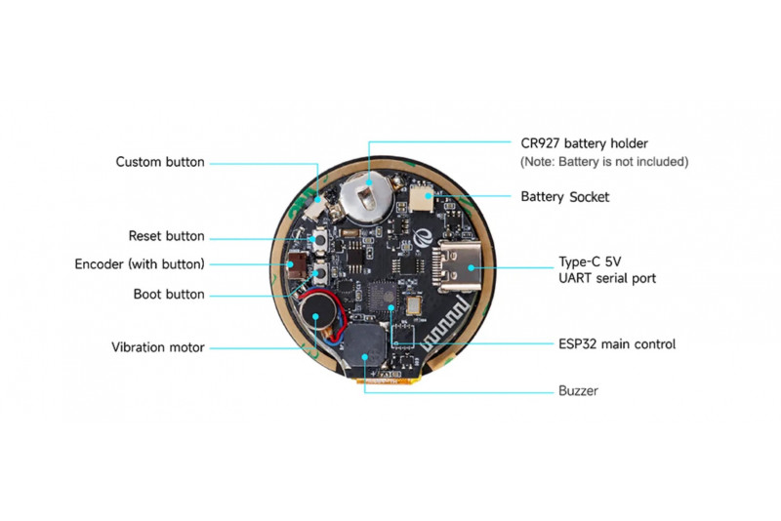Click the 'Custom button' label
[160, 162]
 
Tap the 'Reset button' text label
[167, 236]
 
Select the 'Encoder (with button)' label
[140, 264]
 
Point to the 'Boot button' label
[169, 294]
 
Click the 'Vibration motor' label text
[158, 346]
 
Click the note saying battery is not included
[604, 161]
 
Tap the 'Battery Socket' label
[564, 197]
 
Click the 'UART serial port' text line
[606, 278]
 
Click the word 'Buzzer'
[578, 390]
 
